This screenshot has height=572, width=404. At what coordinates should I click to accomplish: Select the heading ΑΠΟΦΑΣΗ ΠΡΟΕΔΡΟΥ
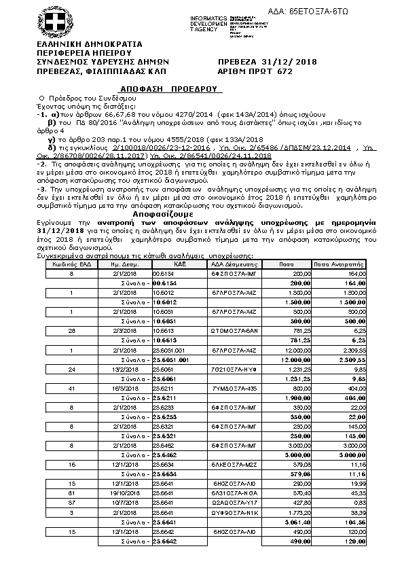(x=172, y=88)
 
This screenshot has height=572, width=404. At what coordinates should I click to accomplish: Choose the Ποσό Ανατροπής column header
(x=339, y=264)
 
